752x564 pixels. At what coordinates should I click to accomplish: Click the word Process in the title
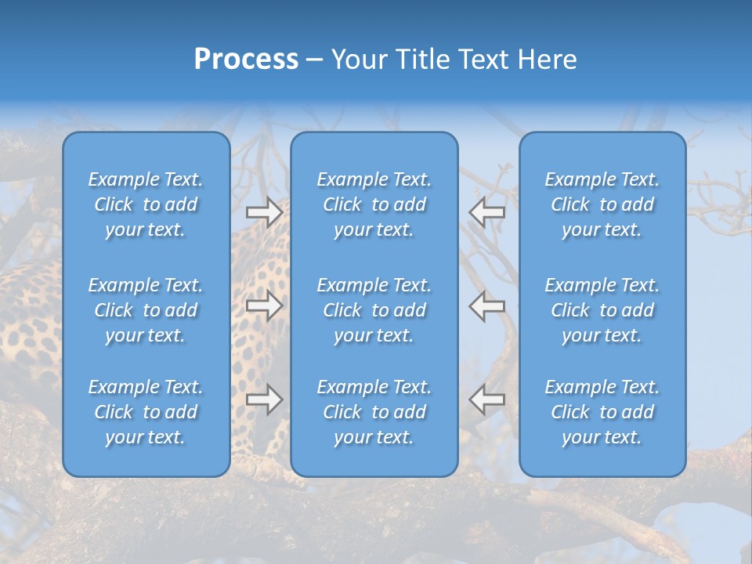tap(246, 60)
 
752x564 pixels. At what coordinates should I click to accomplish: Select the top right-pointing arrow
tap(265, 212)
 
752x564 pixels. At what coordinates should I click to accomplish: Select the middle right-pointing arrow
tap(265, 305)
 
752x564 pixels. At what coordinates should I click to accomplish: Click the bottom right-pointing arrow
tap(265, 399)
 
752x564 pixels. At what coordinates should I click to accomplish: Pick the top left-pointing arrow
tap(486, 212)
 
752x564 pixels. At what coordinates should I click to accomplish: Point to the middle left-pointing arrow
tap(486, 305)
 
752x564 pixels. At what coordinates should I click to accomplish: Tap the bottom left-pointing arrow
tap(486, 399)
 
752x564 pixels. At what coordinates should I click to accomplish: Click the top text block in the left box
tap(146, 204)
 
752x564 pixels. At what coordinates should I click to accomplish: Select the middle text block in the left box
tap(146, 310)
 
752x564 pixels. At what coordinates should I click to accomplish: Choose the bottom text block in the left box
tap(146, 412)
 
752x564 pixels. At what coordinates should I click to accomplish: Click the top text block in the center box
tap(374, 204)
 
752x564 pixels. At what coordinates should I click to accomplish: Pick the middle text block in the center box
tap(374, 310)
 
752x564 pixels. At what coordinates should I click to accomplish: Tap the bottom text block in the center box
tap(374, 412)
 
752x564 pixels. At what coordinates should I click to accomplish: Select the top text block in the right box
tap(602, 204)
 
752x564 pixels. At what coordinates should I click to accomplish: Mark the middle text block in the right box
tap(602, 310)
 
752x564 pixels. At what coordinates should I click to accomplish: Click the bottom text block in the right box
tap(602, 412)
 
